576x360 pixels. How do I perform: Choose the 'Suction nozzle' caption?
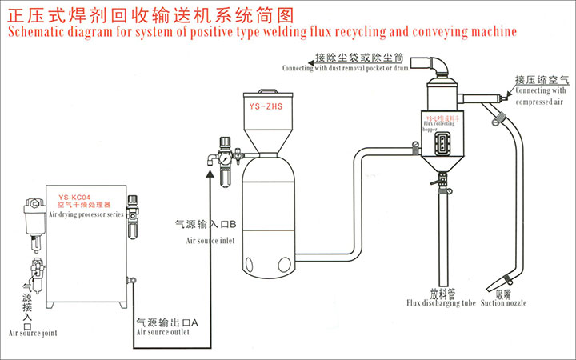tap(506, 304)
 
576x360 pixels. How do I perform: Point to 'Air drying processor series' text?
tap(85, 214)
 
